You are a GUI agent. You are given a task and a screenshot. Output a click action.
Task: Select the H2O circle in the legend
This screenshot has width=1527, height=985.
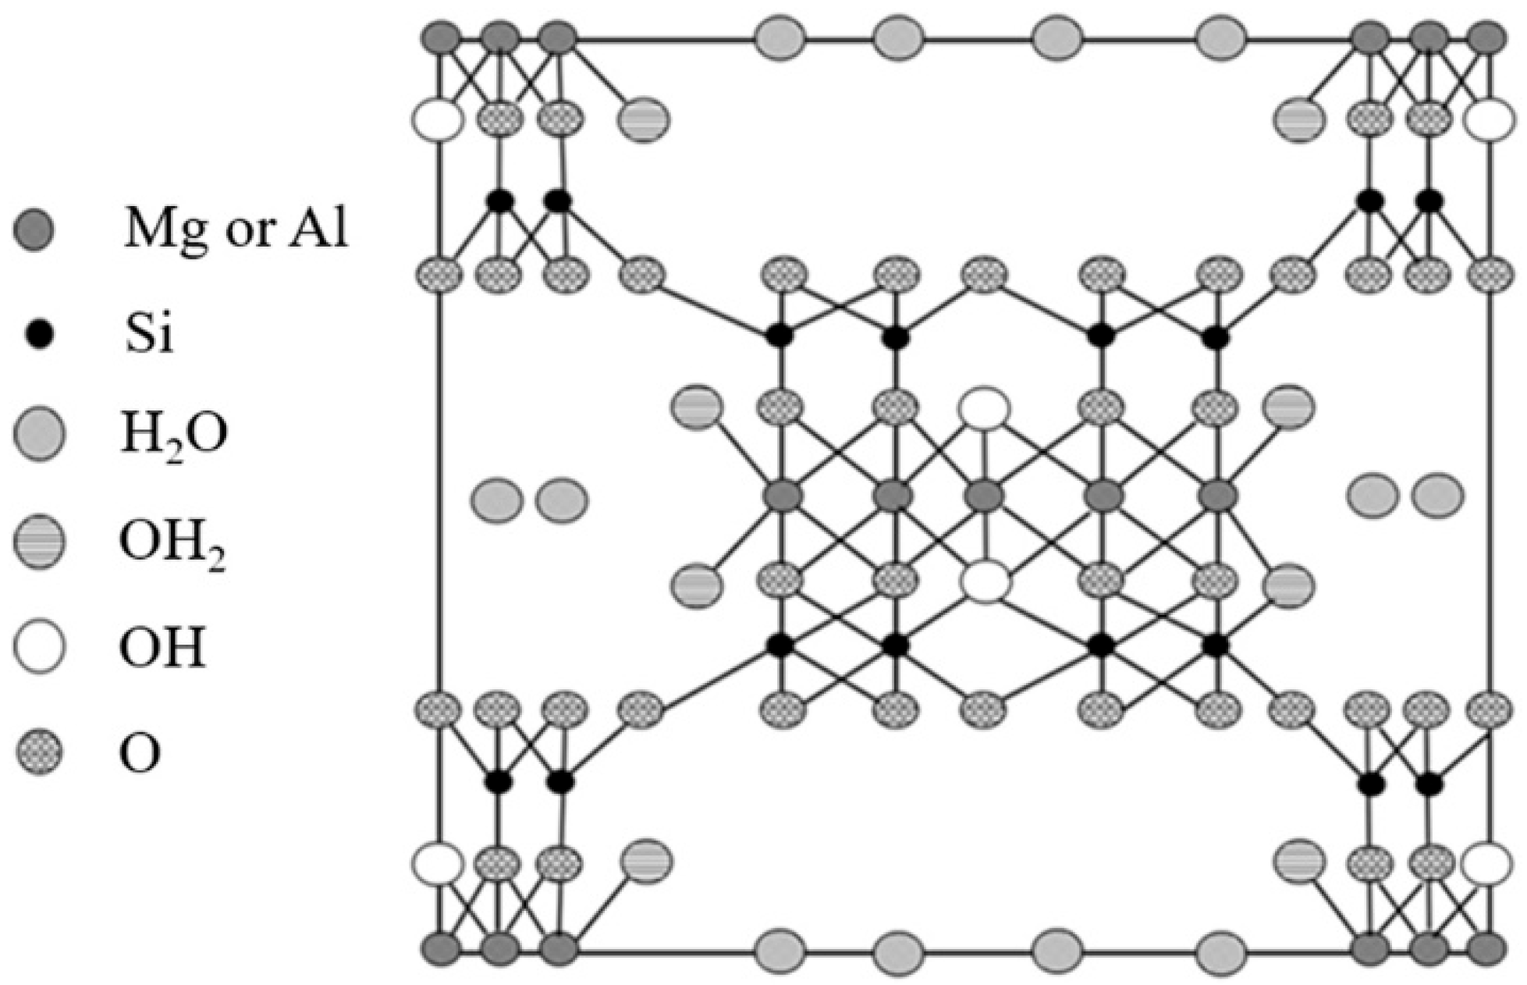[x=40, y=433]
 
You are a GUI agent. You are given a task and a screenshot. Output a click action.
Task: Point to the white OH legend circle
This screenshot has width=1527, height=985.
[x=40, y=646]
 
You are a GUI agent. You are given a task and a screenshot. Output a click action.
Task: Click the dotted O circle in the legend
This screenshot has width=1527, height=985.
[x=40, y=752]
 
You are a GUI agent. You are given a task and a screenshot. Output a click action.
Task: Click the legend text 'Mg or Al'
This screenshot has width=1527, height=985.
[x=236, y=229]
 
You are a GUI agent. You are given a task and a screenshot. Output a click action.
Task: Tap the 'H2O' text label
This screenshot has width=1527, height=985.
[x=174, y=435]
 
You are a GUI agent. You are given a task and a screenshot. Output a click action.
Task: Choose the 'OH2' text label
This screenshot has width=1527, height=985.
[x=172, y=542]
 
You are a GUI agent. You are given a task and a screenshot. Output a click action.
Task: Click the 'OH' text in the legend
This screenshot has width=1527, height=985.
[x=163, y=647]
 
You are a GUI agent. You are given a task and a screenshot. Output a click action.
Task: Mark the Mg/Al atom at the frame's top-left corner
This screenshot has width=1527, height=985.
[x=441, y=37]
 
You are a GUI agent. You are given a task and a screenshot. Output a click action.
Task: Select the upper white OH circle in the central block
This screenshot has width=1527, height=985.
[x=985, y=408]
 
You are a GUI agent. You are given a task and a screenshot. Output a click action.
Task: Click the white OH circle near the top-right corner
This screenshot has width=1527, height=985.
[x=1489, y=120]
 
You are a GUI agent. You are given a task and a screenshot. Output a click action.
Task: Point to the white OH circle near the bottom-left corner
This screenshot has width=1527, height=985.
[x=439, y=863]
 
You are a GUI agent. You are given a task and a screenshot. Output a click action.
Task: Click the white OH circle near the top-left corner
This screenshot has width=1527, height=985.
[x=439, y=120]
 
